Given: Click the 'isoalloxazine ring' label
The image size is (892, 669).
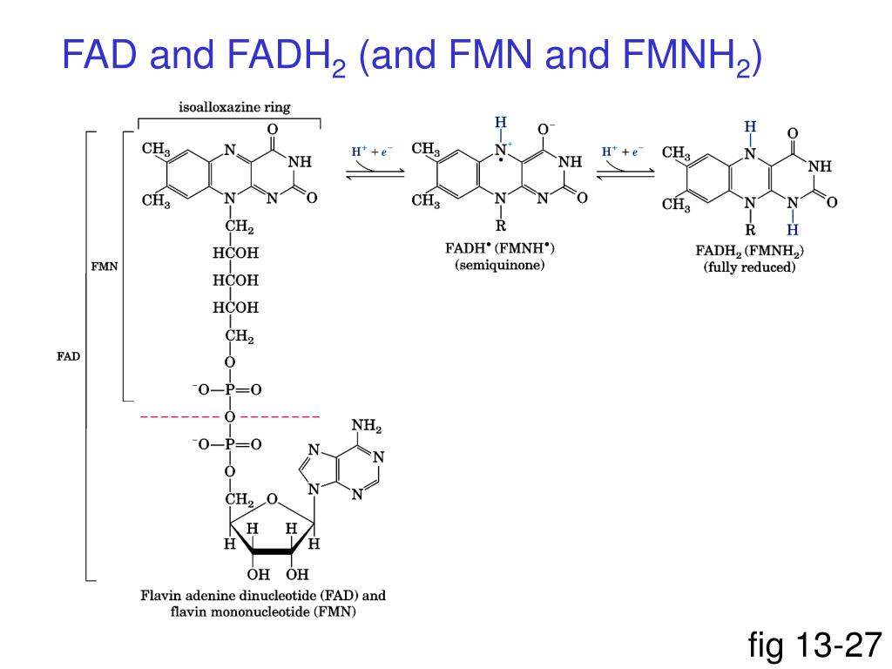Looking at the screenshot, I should (234, 108).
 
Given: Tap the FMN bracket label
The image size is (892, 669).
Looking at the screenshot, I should (104, 267).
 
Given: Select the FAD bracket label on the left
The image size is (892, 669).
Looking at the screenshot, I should (69, 356).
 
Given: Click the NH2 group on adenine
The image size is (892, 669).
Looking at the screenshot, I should (367, 427).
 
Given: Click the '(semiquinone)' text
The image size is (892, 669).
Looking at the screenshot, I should (499, 265).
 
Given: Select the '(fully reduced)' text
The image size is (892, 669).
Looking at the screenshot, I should (749, 267).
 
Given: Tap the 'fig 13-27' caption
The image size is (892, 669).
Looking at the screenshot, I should (814, 645).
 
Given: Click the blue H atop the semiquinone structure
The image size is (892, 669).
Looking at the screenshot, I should (500, 122).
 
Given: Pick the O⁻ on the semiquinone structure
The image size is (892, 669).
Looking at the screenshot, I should (546, 130).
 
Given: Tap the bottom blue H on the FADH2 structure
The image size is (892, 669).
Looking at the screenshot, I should (792, 230).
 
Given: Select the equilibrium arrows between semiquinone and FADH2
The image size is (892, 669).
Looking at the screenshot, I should (625, 172).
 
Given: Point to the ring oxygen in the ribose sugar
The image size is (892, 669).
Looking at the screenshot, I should (272, 499).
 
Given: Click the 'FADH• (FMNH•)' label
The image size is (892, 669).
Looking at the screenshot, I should (499, 249).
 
